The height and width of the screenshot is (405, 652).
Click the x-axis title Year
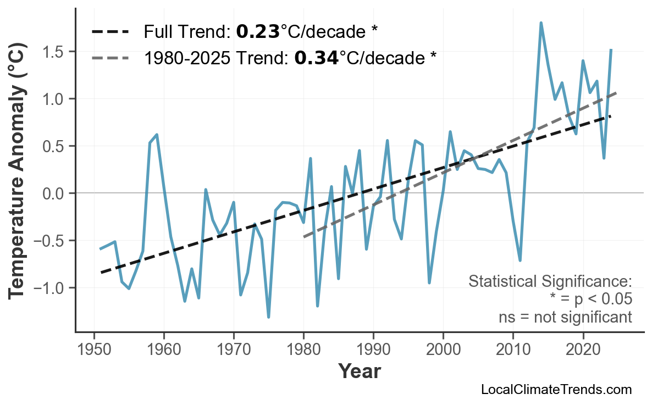click(359, 371)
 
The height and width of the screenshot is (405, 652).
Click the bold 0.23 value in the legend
click(258, 32)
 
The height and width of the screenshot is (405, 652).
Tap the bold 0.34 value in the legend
click(316, 57)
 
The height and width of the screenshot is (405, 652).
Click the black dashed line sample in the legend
click(110, 32)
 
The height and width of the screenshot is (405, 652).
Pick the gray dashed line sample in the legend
click(110, 57)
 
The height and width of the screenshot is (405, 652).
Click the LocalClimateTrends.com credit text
click(556, 390)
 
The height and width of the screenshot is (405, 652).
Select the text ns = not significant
click(565, 317)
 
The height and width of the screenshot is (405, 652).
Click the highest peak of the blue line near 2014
click(541, 23)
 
